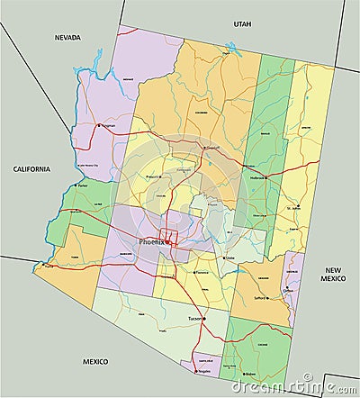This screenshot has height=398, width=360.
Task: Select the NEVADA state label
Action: (67, 38)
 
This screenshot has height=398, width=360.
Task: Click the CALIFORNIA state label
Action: (31, 169)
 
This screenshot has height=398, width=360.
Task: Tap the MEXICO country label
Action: (95, 361)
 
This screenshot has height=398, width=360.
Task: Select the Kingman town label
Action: (108, 126)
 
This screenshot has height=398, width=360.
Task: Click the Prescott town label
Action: (154, 176)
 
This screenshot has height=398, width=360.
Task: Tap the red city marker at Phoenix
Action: (167, 242)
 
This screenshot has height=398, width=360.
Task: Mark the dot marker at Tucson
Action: (203, 319)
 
